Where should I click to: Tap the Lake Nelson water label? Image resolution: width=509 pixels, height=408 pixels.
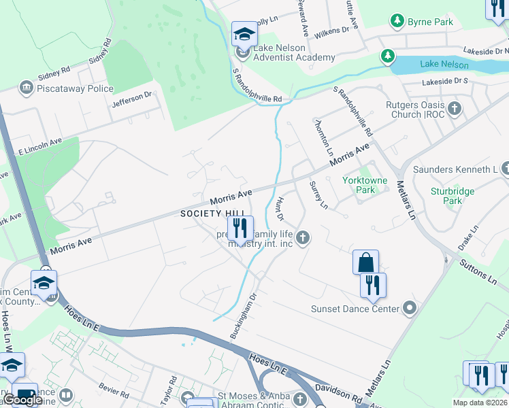click(444, 65)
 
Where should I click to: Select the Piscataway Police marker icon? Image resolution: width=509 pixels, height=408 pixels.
click(27, 88)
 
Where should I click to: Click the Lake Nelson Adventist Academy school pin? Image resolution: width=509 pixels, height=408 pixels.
click(244, 33)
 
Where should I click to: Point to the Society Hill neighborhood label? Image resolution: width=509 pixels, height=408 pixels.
click(203, 214)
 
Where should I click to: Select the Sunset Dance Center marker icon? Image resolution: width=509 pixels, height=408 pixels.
click(409, 309)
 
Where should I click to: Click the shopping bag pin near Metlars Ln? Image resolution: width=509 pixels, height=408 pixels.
click(365, 262)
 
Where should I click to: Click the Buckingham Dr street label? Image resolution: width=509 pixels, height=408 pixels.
click(244, 317)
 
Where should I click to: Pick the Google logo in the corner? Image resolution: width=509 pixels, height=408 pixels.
click(22, 399)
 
